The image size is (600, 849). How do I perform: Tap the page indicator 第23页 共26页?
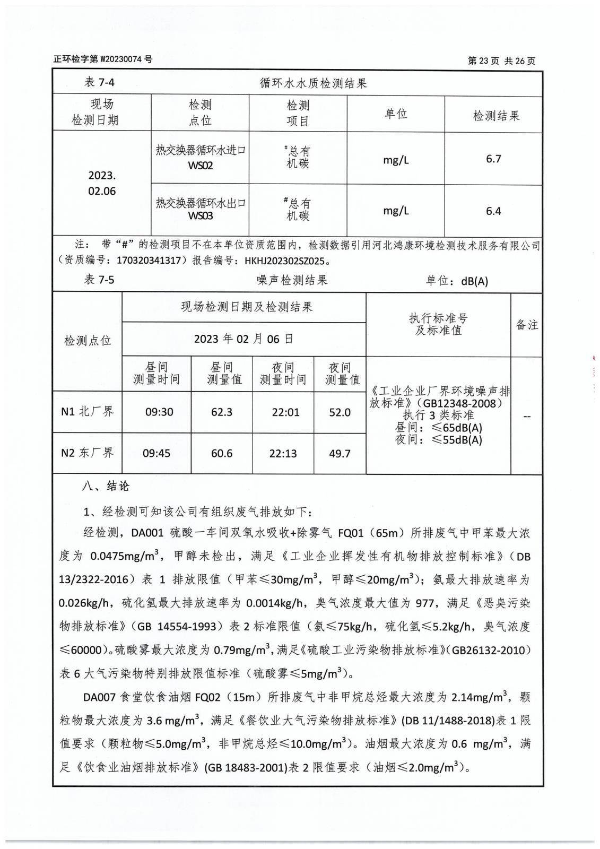pos(501,61)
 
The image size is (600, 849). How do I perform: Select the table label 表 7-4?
pos(99,82)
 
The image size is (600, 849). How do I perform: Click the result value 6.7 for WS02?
pos(493,159)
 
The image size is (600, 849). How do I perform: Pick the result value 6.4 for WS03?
pos(493,211)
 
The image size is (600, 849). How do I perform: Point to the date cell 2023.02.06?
pos(102,183)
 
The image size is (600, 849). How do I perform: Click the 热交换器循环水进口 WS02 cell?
pos(201,158)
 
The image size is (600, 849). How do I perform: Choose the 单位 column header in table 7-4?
pos(396,114)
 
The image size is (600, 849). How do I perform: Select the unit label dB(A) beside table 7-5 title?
pos(474,281)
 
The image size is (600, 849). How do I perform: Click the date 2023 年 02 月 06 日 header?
pos(244,339)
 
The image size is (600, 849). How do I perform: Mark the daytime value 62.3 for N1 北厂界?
pos(222,412)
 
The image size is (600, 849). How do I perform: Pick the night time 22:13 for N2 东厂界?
pos(283,454)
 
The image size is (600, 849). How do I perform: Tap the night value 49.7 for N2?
pos(340,454)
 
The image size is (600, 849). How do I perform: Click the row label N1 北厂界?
pos(88,411)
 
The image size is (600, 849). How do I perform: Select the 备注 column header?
pos(527,325)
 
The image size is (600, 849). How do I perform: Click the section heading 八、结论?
pos(105,486)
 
